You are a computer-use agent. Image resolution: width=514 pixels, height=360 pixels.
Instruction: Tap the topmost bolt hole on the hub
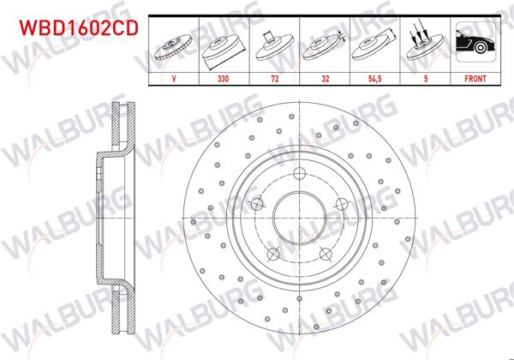pyautogui.click(x=299, y=175)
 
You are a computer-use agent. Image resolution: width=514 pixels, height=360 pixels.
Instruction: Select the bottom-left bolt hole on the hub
pyautogui.click(x=272, y=254)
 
